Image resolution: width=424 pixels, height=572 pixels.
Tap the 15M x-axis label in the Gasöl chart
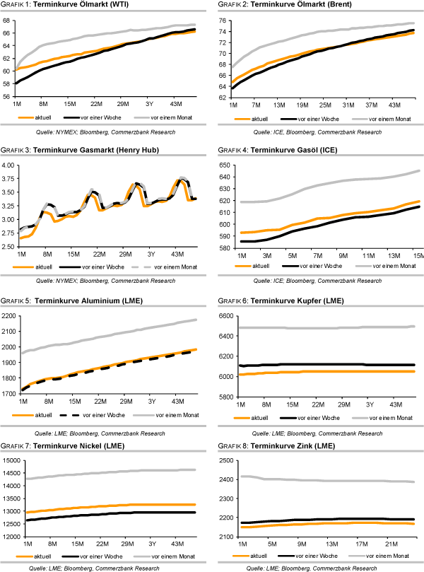pos(417,255)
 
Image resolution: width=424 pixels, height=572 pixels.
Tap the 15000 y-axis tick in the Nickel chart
pos(10,461)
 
